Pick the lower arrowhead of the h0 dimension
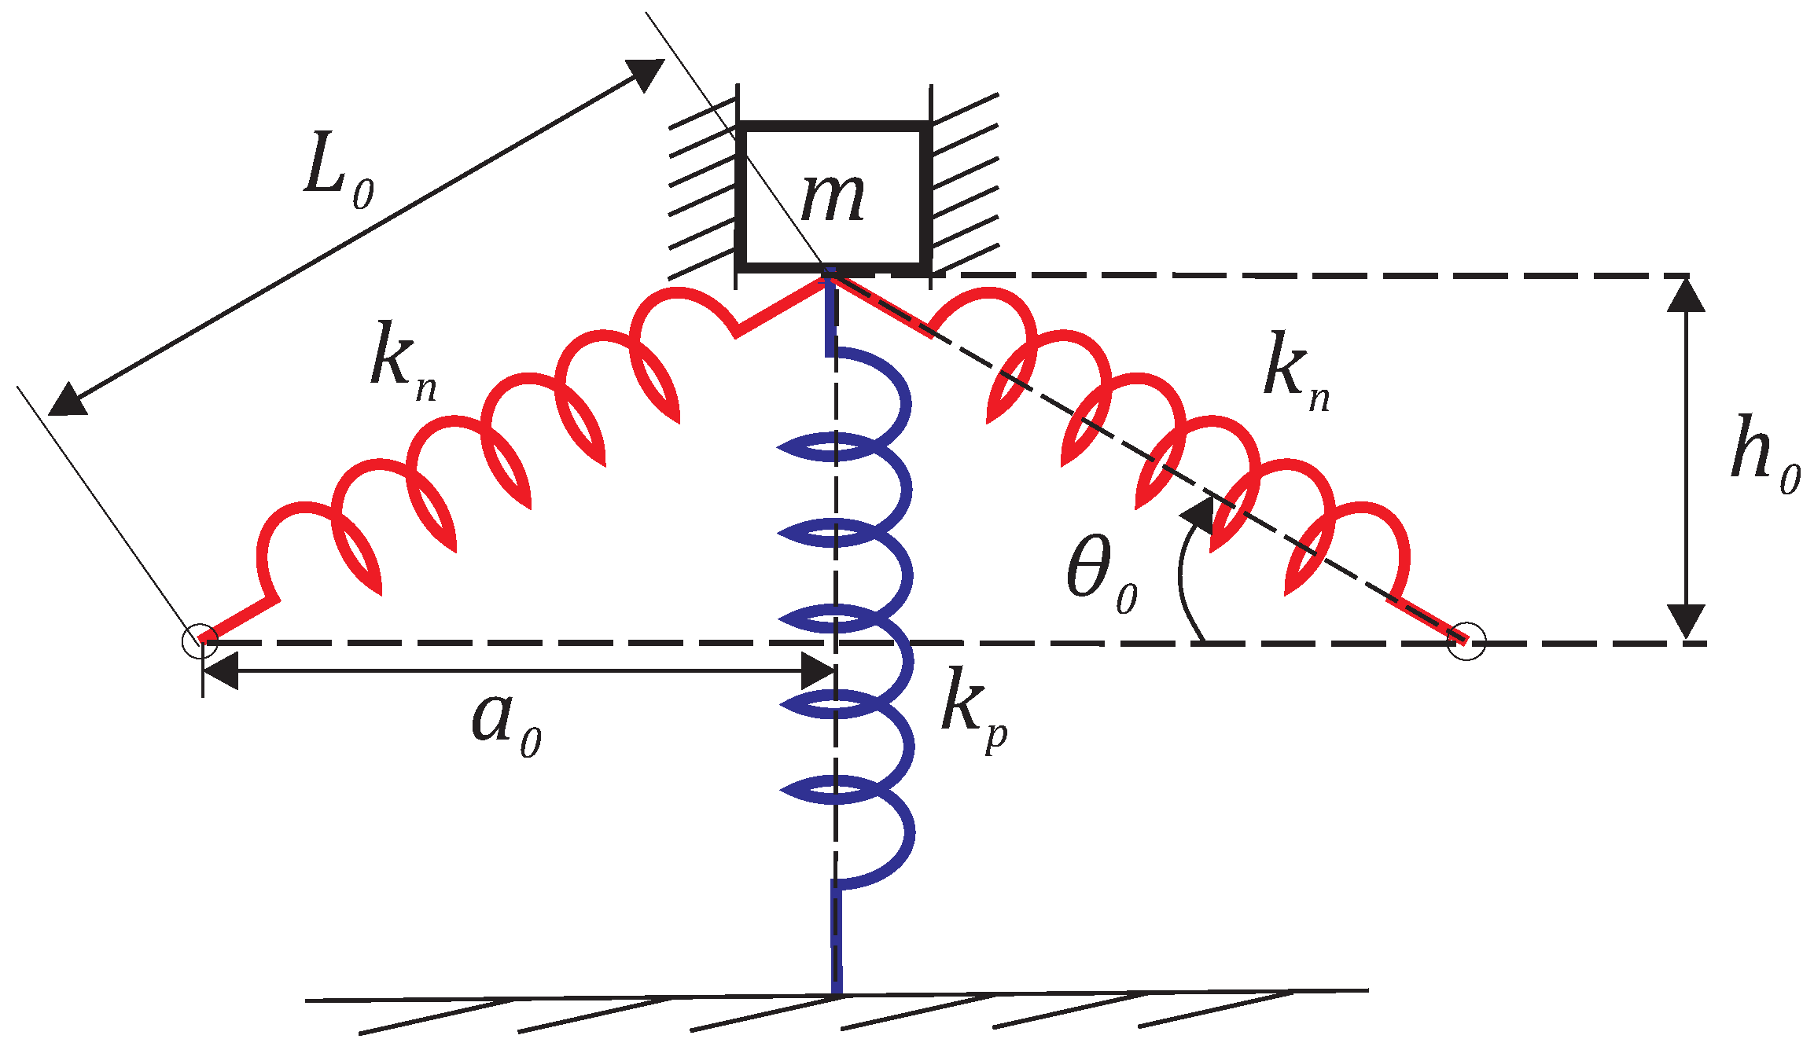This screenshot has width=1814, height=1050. point(1686,621)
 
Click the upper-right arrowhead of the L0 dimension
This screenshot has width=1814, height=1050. point(646,74)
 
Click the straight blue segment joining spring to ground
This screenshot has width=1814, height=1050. point(837,939)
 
